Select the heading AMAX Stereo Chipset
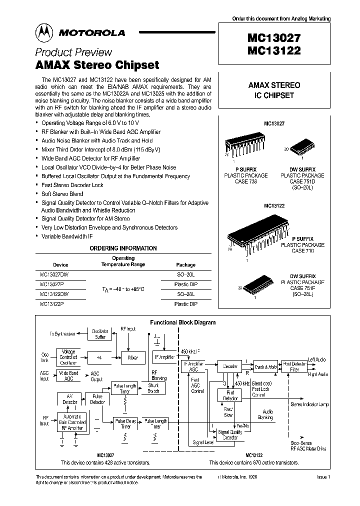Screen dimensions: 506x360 pos(97,65)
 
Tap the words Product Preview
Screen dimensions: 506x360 pos(73,52)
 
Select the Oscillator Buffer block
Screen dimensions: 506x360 pos(100,333)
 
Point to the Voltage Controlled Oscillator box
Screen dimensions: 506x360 pos(68,357)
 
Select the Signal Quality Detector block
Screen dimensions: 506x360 pos(230,434)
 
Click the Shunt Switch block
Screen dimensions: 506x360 pos(153,388)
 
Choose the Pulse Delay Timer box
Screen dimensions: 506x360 pos(125,424)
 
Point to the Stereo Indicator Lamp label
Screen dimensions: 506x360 pos(310,403)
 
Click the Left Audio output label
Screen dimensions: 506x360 pos(318,359)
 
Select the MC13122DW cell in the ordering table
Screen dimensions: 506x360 pos(54,294)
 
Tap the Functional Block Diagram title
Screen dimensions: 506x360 pos(183,322)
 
